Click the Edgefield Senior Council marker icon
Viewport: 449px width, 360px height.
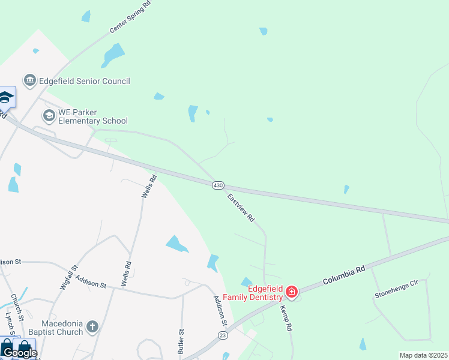click(x=29, y=80)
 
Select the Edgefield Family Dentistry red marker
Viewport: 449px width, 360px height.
click(x=292, y=292)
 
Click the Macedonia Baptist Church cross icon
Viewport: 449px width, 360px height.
click(x=92, y=326)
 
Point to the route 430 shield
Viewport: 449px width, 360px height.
click(x=218, y=186)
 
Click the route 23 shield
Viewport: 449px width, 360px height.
click(x=223, y=335)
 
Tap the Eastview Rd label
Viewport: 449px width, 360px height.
click(x=241, y=208)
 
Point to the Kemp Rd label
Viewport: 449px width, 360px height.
click(x=285, y=319)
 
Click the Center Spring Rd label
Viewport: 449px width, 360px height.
click(x=130, y=17)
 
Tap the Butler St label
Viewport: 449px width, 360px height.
click(x=179, y=340)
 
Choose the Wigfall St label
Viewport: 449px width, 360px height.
click(x=69, y=278)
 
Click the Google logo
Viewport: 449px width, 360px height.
click(x=19, y=353)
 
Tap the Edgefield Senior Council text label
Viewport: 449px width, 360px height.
click(x=84, y=81)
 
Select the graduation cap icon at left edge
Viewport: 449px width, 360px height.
click(x=6, y=97)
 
